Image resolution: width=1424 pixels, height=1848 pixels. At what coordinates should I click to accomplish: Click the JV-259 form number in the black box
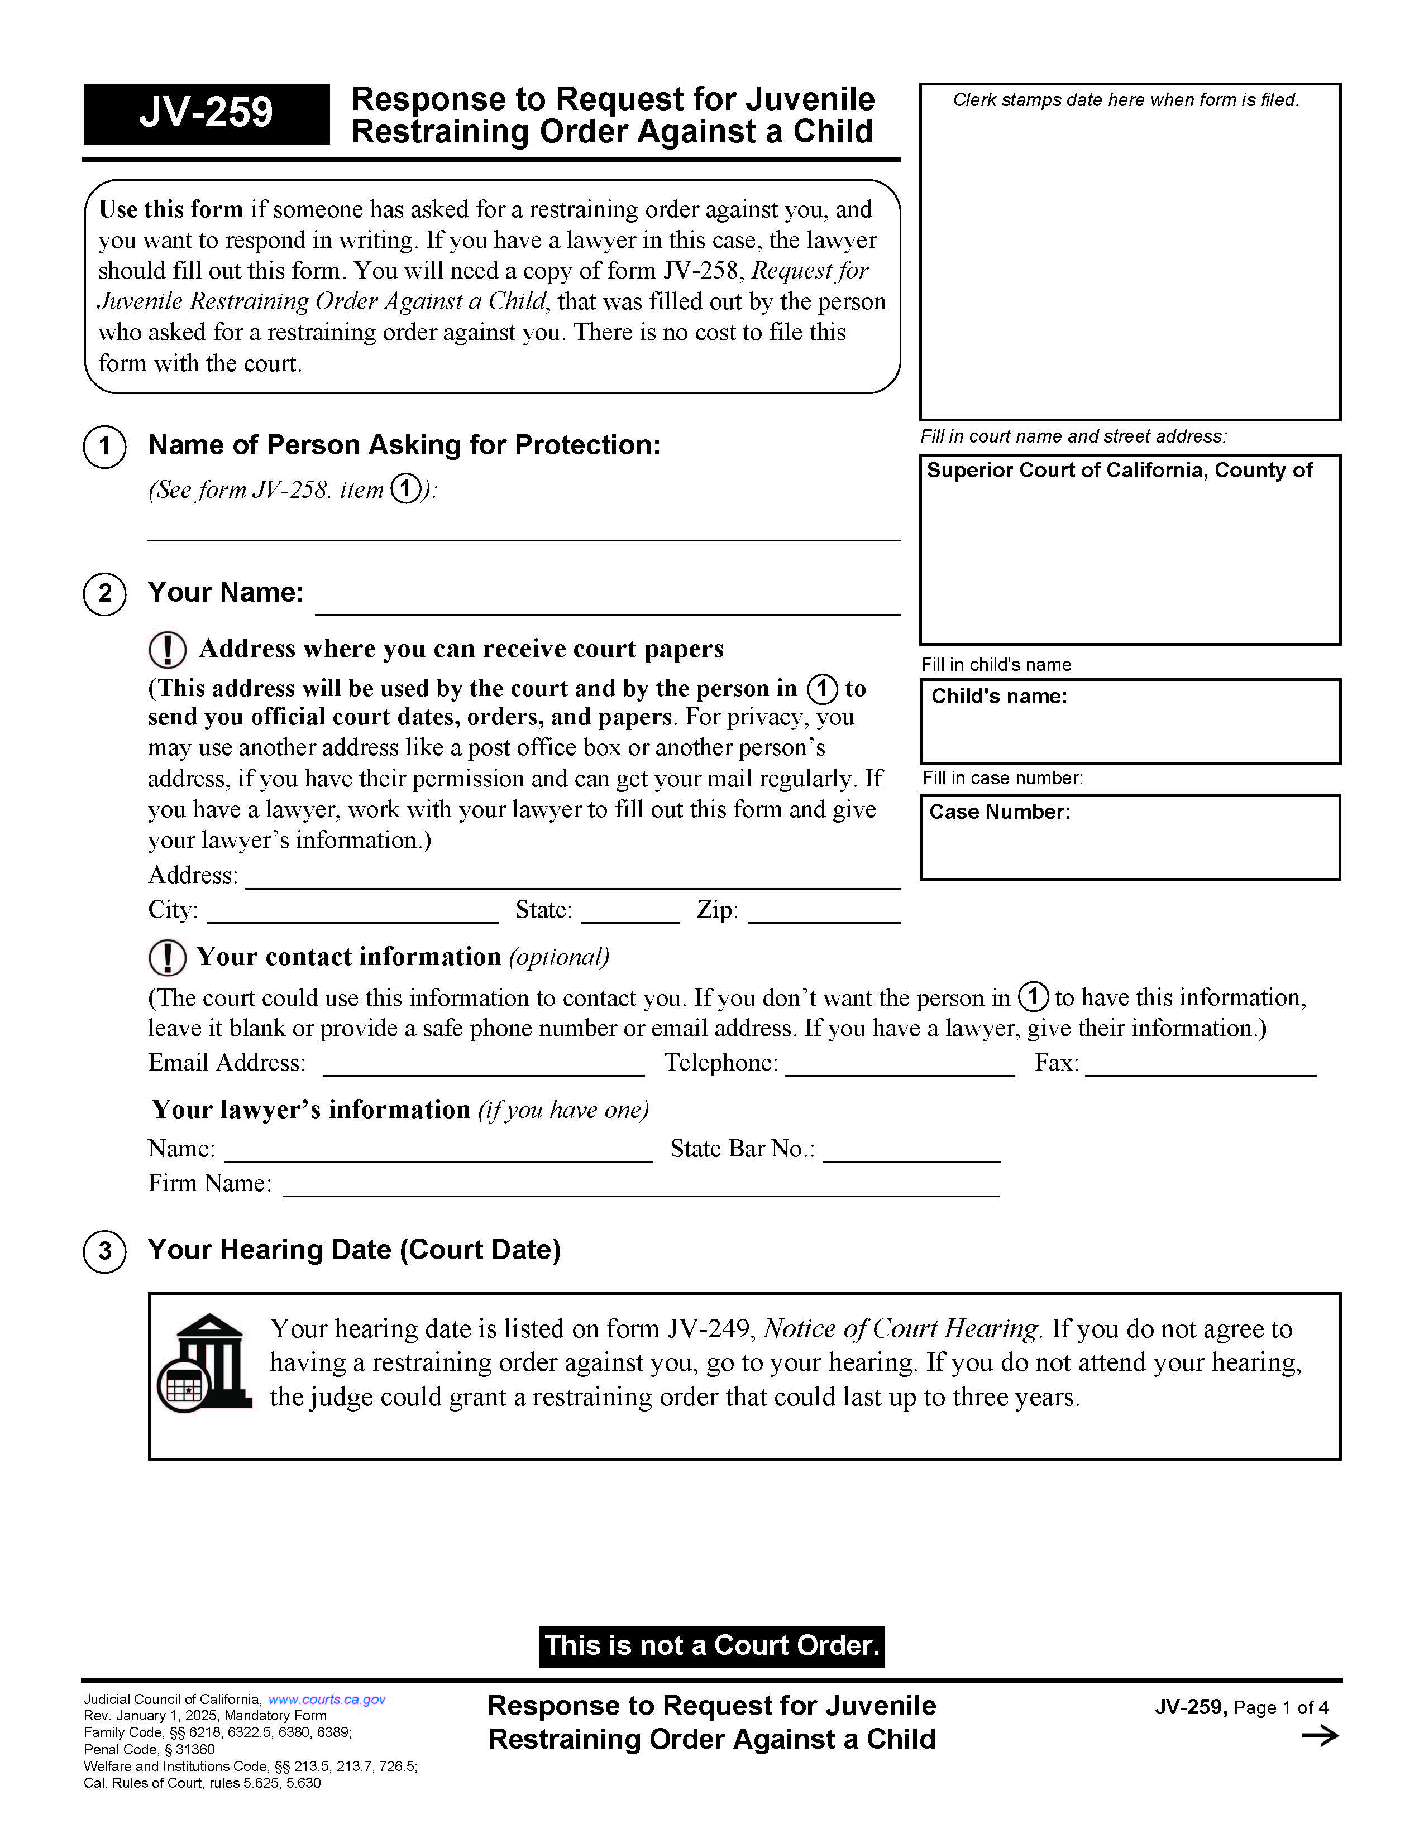point(206,113)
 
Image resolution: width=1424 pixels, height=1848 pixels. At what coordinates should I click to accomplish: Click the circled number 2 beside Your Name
point(105,593)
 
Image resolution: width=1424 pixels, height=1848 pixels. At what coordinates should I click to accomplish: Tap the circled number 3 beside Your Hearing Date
point(105,1251)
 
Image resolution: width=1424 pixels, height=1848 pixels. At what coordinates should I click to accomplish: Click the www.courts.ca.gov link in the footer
point(327,1699)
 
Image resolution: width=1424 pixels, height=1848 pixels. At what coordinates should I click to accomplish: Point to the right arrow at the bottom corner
point(1319,1736)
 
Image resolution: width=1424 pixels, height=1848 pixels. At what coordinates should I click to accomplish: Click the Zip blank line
point(824,912)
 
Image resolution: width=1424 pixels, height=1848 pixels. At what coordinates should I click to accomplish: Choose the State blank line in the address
point(630,912)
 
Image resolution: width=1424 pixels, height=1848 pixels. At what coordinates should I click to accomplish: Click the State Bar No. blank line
point(911,1151)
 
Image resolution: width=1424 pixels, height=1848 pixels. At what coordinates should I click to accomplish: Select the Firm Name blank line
point(640,1185)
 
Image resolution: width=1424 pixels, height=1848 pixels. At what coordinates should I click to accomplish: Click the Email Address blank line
point(484,1065)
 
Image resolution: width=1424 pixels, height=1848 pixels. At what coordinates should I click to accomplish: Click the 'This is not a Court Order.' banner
point(711,1646)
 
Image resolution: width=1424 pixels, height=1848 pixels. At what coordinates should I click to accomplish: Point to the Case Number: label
point(999,812)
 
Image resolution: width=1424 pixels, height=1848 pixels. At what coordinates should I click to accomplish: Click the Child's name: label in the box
point(999,697)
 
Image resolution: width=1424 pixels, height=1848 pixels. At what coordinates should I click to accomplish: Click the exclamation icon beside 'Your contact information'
point(168,958)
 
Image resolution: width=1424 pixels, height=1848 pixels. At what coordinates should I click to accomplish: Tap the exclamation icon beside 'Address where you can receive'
point(168,650)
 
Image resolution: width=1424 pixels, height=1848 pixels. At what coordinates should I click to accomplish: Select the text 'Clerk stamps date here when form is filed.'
point(1125,100)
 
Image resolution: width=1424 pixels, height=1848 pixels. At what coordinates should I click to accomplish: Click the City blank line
point(352,912)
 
